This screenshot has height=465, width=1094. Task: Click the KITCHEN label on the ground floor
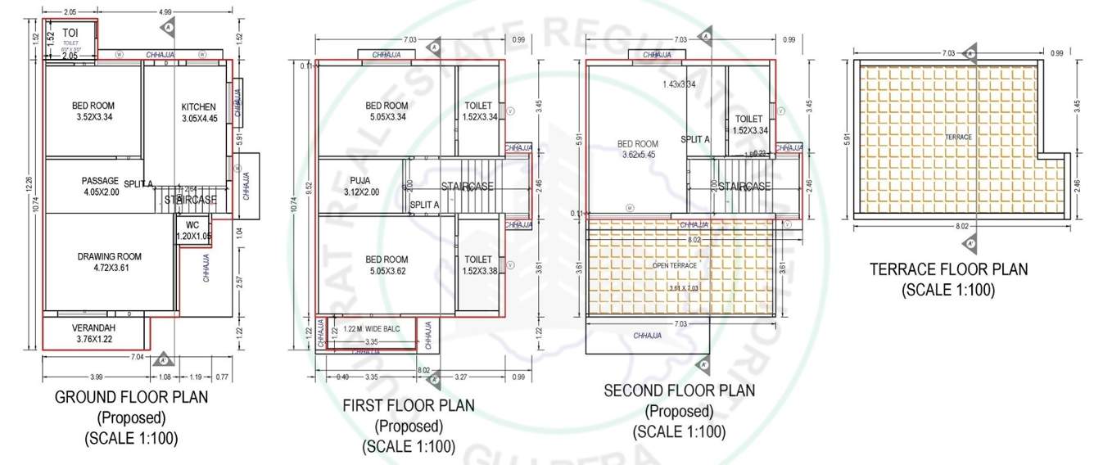[199, 107]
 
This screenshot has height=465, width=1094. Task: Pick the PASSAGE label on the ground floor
[100, 181]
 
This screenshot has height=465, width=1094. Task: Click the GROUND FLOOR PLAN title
[131, 397]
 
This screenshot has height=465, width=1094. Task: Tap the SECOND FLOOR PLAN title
[680, 391]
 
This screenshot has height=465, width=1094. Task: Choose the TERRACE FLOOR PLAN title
[948, 269]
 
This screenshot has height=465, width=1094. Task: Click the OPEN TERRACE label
[674, 265]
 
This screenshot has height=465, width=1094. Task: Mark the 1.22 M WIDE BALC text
[372, 328]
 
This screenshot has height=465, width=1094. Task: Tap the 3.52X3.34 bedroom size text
[93, 117]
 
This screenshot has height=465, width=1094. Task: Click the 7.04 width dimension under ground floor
[137, 357]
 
